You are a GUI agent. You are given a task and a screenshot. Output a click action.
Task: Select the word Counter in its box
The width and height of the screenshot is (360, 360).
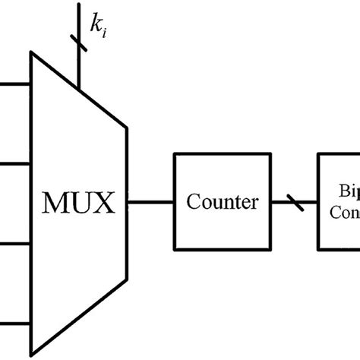pyautogui.click(x=223, y=203)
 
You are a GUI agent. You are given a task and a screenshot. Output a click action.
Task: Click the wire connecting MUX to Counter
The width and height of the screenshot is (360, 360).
pyautogui.click(x=151, y=203)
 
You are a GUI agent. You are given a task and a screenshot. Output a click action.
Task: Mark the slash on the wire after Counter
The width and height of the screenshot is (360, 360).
pyautogui.click(x=294, y=203)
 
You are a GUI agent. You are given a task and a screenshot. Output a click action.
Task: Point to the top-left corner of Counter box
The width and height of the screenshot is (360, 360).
pyautogui.click(x=175, y=155)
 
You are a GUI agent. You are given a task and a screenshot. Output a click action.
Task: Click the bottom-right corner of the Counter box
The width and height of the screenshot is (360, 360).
pyautogui.click(x=270, y=250)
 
